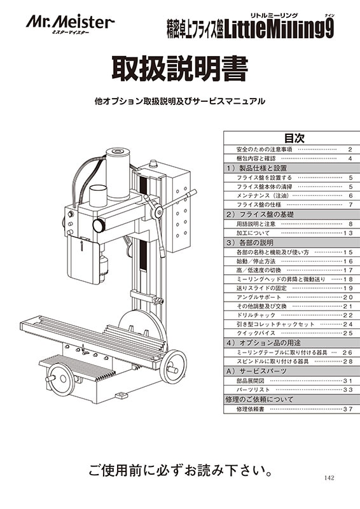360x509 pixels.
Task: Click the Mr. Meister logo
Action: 70,24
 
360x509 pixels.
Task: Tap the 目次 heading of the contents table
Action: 294,138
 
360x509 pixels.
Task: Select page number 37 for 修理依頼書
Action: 348,409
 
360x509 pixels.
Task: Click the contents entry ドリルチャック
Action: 256,315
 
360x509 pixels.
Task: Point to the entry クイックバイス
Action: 256,333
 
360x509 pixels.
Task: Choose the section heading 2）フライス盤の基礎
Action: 260,214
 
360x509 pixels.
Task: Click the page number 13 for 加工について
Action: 348,233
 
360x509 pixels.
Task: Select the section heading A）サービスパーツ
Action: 256,371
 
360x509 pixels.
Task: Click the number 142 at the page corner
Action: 329,478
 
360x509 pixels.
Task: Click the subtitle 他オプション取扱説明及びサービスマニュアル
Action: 180,101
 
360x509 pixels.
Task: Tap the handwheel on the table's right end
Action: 174,366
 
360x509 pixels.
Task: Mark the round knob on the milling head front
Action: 99,225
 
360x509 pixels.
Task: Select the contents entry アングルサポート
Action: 259,297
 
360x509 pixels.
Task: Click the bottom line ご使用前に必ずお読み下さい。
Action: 180,470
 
